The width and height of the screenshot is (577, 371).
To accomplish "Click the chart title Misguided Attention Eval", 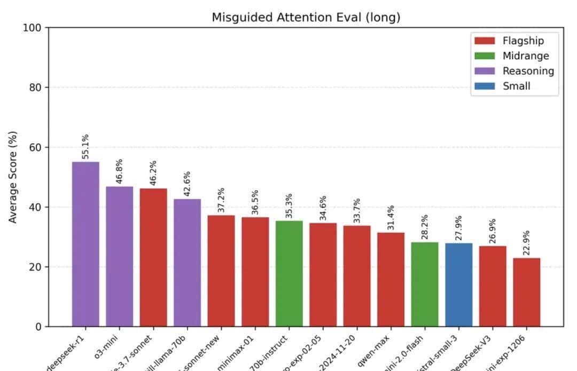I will point(306,17).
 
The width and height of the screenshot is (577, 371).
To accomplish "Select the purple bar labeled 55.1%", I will point(85,244).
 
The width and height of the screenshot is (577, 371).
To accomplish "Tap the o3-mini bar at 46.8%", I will point(120,256).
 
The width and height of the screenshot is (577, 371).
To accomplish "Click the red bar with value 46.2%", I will point(153,257).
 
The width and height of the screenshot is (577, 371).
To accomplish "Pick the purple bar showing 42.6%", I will point(188,263).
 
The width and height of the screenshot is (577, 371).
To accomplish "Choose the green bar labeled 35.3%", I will point(289,273).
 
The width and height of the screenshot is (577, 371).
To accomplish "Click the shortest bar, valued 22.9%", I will point(527,292).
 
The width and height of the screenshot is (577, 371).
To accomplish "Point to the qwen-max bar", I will point(391,279).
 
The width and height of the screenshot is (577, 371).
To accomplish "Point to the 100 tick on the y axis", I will point(32,28).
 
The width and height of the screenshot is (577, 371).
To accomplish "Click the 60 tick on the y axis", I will point(35,147).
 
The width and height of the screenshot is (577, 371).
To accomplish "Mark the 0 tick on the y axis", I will point(38,327).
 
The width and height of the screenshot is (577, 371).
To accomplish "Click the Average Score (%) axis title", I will point(12,177).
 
